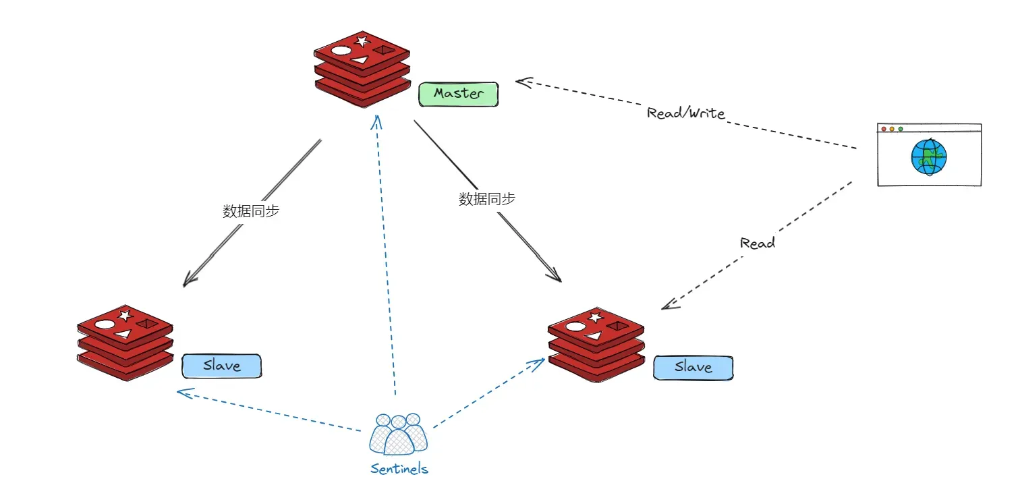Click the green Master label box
(x=459, y=94)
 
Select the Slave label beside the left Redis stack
(x=222, y=366)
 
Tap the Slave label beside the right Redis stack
(x=693, y=368)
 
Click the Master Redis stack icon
(x=362, y=69)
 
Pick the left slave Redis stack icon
(x=125, y=343)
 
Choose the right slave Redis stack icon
(x=596, y=345)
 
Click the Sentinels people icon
(x=399, y=434)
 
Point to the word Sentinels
(x=399, y=468)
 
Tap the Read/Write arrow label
(x=686, y=113)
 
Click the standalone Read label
(x=758, y=243)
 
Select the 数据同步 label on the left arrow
(x=251, y=210)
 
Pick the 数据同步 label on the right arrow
(x=487, y=199)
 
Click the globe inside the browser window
(x=929, y=157)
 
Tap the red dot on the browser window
(x=884, y=130)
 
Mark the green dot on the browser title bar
(x=901, y=130)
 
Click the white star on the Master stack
(x=362, y=41)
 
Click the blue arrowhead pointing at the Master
(x=376, y=121)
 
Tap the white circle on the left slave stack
(x=105, y=324)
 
